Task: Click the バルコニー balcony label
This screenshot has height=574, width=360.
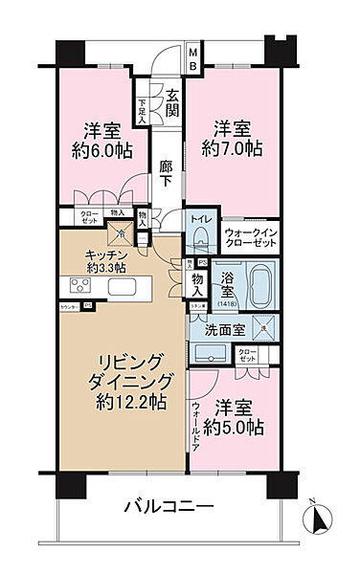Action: tap(170, 508)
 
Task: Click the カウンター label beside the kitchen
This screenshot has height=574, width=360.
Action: tap(69, 306)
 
